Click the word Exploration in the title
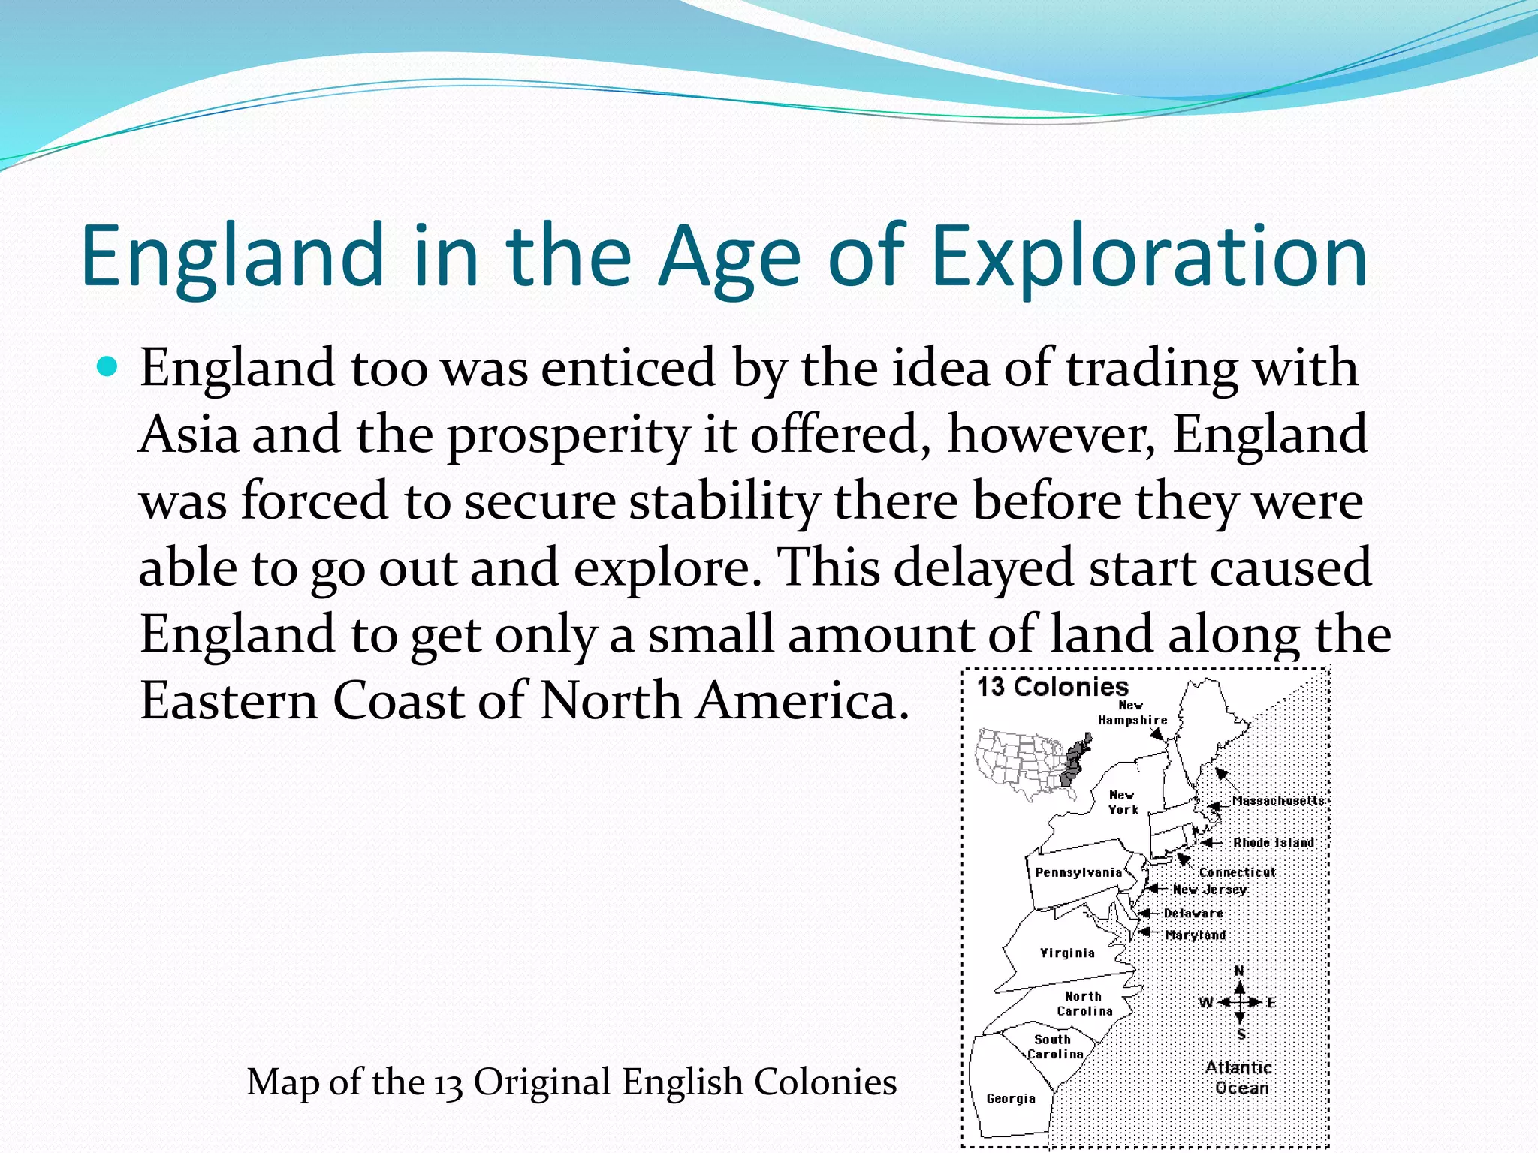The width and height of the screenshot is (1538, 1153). coord(1149,257)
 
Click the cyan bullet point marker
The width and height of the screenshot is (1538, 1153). coord(108,367)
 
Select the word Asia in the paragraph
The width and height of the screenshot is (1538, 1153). coord(188,435)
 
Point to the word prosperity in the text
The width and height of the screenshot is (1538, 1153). coord(567,436)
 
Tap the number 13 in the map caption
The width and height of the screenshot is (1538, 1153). coord(448,1083)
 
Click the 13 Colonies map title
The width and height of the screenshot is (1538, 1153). coord(1052,686)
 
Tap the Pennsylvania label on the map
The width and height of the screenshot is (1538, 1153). coord(1078,872)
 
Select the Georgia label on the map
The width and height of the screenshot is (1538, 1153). coord(1011,1098)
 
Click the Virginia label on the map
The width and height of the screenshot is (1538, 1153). coord(1067,953)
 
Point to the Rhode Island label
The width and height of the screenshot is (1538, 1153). coord(1274,842)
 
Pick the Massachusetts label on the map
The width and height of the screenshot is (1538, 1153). coord(1278,800)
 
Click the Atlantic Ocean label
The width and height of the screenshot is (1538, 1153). coord(1240,1077)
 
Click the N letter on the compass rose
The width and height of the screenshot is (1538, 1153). coord(1239,970)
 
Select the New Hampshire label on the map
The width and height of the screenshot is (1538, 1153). coord(1132,712)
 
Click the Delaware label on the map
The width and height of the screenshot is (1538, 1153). coord(1193,913)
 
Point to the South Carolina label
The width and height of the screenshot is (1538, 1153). coord(1054,1046)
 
